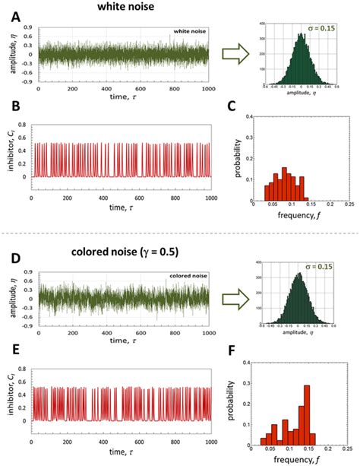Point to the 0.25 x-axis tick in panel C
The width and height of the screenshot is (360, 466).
tap(349, 206)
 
